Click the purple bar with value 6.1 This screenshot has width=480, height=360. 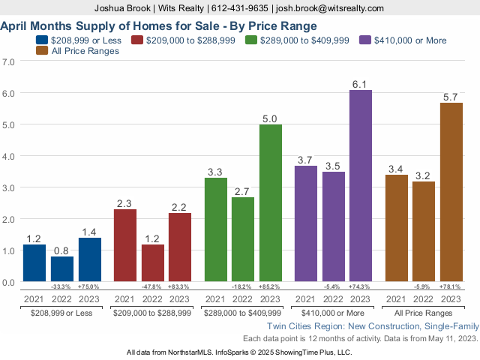point(360,186)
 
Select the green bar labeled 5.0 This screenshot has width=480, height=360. point(271,202)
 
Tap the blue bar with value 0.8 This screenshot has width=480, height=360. point(62,268)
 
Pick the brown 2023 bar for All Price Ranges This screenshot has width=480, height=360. point(451,192)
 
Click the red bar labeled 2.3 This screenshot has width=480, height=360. point(125,245)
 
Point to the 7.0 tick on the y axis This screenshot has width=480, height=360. point(10,61)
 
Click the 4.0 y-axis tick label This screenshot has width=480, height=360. point(10,156)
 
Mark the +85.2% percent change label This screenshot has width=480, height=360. point(271,286)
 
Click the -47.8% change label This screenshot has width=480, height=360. point(153,286)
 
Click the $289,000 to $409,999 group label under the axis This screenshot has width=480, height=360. point(243,311)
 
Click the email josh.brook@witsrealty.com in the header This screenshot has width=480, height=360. point(330,7)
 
